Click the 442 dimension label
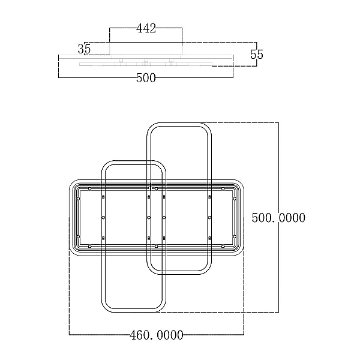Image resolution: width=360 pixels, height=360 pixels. tap(146, 28)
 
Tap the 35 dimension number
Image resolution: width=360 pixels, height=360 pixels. tap(84, 49)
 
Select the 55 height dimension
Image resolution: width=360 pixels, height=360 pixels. tap(257, 55)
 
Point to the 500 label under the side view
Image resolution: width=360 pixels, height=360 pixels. tap(146, 78)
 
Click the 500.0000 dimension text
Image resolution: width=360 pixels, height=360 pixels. tap(278, 218)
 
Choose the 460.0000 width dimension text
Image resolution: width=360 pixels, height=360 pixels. tap(157, 335)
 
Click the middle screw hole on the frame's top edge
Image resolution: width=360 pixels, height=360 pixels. tap(157, 189)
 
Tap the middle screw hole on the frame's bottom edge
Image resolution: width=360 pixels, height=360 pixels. tap(157, 247)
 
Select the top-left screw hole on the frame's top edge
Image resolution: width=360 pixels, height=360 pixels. tap(90, 189)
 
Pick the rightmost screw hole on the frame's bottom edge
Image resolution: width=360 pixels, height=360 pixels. tap(223, 247)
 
